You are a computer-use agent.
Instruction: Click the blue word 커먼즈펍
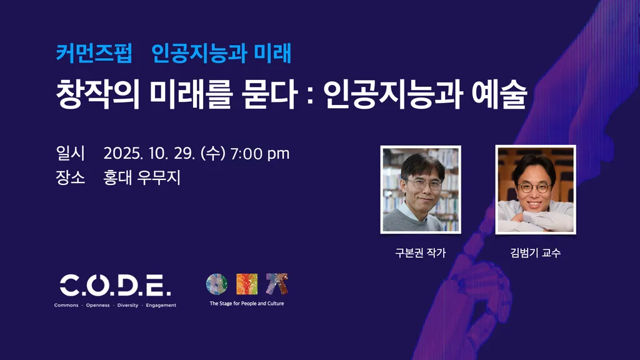[94, 54]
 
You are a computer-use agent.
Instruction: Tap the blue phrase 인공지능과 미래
[221, 54]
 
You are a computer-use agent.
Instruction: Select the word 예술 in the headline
[499, 94]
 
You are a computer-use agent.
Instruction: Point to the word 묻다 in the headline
[269, 94]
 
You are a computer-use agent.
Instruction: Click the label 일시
[70, 154]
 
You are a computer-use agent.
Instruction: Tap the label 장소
[70, 177]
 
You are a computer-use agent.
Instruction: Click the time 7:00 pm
[260, 154]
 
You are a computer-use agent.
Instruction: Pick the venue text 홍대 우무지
[142, 177]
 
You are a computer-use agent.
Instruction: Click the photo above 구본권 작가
[421, 190]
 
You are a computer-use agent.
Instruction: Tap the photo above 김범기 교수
[536, 190]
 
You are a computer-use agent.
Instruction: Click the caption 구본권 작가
[421, 252]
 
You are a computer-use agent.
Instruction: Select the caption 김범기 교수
[536, 252]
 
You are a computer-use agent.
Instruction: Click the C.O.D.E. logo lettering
[116, 285]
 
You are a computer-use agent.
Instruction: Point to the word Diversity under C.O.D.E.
[127, 305]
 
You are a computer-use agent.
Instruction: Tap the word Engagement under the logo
[161, 305]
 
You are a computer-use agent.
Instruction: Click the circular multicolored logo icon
[217, 284]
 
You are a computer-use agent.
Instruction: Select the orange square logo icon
[247, 284]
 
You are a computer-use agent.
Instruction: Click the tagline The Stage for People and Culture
[247, 303]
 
